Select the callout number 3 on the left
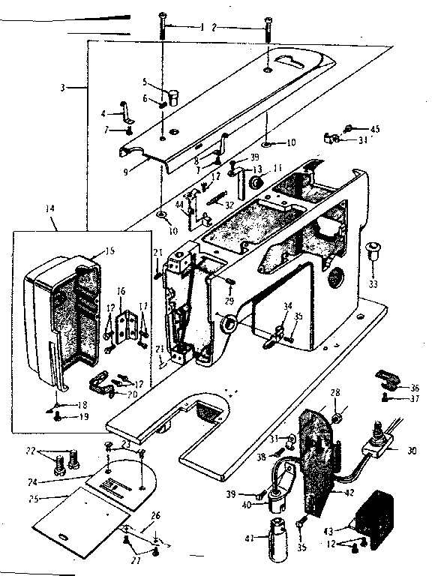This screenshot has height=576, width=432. coord(68,88)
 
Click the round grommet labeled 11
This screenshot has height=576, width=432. coord(259,182)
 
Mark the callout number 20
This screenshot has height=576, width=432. coord(132,394)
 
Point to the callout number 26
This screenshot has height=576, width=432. coord(155,515)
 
